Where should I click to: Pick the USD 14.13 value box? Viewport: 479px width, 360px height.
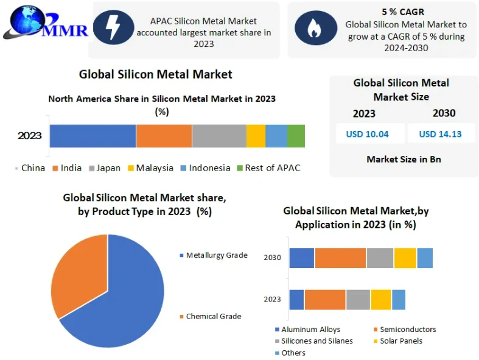(440, 134)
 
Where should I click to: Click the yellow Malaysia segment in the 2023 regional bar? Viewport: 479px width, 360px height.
(256, 135)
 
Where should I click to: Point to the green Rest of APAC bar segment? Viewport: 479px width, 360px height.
(296, 135)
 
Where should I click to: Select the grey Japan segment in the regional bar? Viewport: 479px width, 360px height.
(219, 135)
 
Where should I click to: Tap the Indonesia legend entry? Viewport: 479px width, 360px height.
(205, 168)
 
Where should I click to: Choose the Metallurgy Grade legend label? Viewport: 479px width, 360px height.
(216, 255)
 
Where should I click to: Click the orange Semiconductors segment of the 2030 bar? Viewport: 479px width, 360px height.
(340, 258)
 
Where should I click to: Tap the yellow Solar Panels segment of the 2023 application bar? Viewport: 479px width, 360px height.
(380, 299)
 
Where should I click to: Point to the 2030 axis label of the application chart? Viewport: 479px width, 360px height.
(272, 258)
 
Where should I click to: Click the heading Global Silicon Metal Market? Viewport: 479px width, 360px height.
(155, 74)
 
